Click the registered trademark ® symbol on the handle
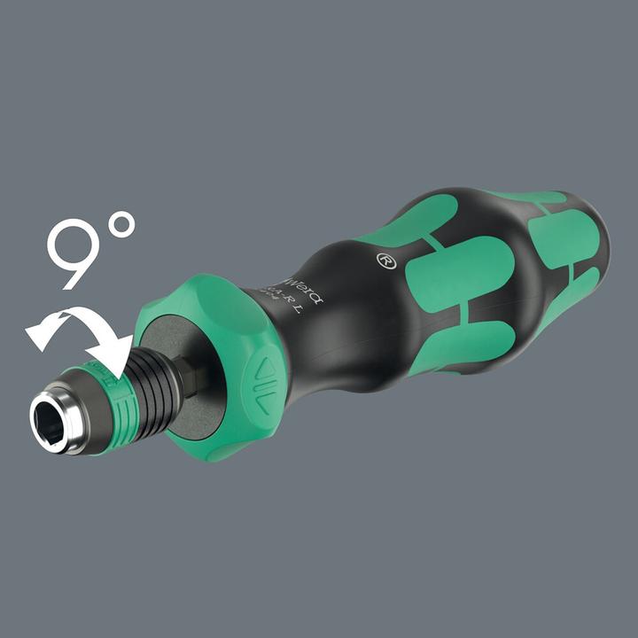[x=385, y=262]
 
